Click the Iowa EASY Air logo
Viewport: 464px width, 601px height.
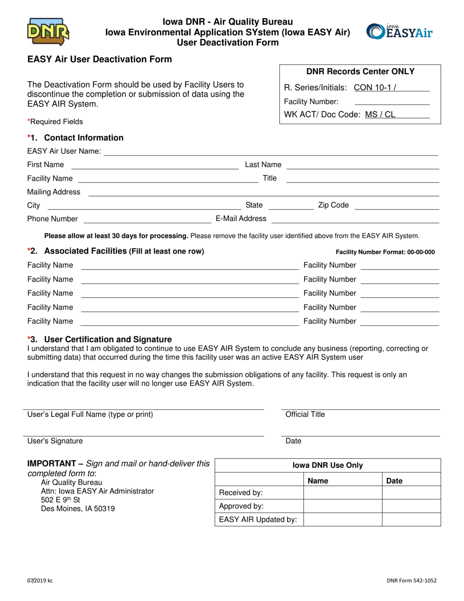(x=400, y=31)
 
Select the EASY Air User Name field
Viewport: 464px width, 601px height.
(x=271, y=151)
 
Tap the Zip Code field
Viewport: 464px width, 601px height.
(x=396, y=205)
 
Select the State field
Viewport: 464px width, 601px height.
(x=291, y=205)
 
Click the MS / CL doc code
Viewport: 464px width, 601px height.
(x=380, y=115)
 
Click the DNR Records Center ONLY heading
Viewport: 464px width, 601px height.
(x=360, y=71)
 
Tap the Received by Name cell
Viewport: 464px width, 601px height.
(x=342, y=493)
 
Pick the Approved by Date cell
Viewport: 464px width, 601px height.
(x=411, y=506)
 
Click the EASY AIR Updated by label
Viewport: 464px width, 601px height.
(x=258, y=519)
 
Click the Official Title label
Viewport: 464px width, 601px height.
(x=305, y=414)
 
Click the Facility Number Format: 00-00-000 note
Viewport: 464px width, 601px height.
(x=385, y=252)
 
